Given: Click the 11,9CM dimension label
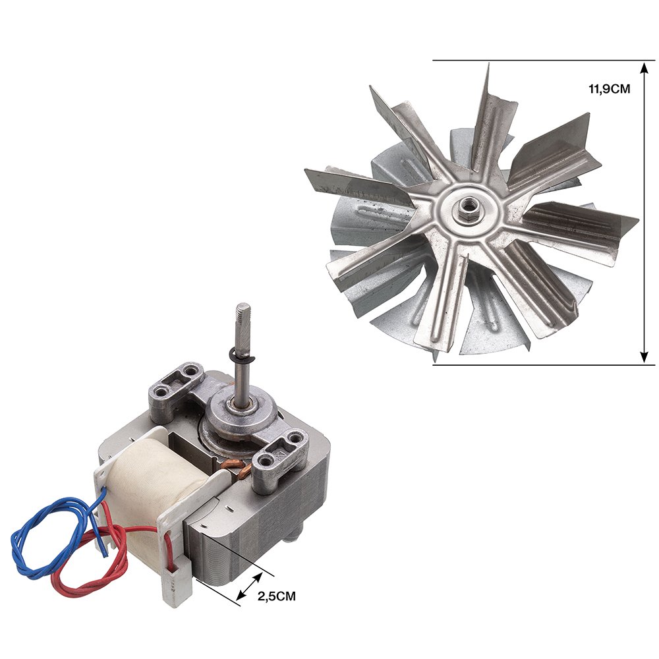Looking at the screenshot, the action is (x=610, y=89).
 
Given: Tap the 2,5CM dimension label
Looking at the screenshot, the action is (x=277, y=596).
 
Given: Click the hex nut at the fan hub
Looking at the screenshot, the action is (x=466, y=206).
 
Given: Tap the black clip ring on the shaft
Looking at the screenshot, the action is (x=242, y=357).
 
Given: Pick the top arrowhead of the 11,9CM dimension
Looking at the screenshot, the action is (x=644, y=68).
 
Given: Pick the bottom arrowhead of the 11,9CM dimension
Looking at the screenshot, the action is (x=644, y=357).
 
